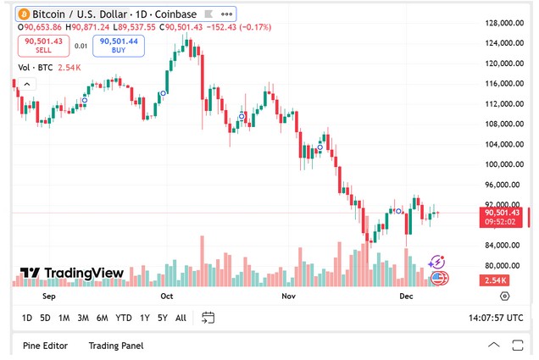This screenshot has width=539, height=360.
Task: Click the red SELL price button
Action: coord(43,45)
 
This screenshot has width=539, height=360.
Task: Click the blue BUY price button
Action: coord(119,45)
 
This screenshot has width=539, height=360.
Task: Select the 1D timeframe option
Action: coord(27,318)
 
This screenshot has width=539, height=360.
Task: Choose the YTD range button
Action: coord(124,318)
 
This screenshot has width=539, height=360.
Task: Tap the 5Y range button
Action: coord(163,318)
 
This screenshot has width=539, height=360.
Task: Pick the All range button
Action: coord(181,318)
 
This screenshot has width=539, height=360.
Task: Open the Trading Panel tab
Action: coord(116,346)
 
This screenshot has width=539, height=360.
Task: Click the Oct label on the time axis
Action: coord(166,296)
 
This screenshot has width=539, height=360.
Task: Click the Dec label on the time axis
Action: coord(405,296)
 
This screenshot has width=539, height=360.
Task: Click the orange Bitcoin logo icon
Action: coord(24,14)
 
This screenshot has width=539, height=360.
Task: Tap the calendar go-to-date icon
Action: coord(208,318)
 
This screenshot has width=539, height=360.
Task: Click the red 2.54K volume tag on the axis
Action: coord(495,280)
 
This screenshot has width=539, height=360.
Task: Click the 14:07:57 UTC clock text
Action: coord(496,318)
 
